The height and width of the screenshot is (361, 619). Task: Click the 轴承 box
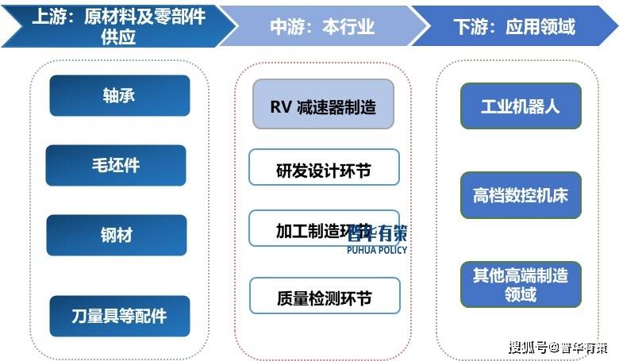(119, 96)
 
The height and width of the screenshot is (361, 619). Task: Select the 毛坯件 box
(116, 165)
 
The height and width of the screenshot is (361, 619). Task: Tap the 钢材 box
(116, 235)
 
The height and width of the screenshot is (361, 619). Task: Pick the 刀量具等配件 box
(119, 316)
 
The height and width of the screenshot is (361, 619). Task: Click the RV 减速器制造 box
(323, 104)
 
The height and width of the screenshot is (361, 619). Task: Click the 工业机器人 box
(521, 106)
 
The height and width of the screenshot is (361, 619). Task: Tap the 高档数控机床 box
(521, 195)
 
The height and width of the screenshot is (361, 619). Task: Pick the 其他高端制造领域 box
(521, 285)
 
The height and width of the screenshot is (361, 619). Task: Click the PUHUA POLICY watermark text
(377, 250)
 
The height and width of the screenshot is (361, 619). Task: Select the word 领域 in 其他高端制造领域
(521, 294)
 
